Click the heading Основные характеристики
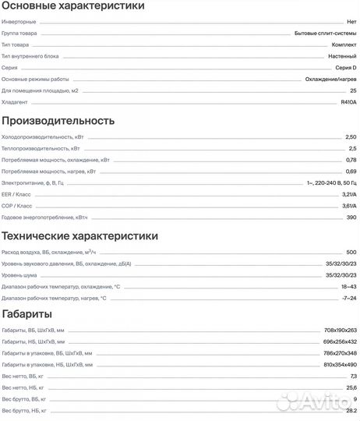72,6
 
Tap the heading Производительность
58,121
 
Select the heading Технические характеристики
80,235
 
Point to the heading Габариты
27,314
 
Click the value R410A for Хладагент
348,102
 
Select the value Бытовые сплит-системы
326,34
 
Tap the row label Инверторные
17,23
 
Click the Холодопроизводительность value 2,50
351,137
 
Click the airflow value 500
351,253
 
